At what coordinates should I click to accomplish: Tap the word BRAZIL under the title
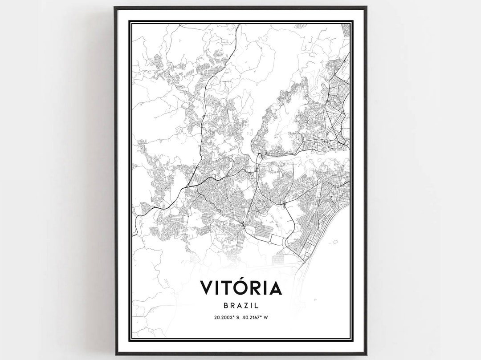tap(241, 306)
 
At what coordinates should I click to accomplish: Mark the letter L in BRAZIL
tap(257, 306)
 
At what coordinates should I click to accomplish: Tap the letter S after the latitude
tap(238, 317)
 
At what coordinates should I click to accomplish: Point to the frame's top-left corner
tap(115, 7)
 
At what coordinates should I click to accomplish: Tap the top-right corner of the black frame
tap(366, 7)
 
